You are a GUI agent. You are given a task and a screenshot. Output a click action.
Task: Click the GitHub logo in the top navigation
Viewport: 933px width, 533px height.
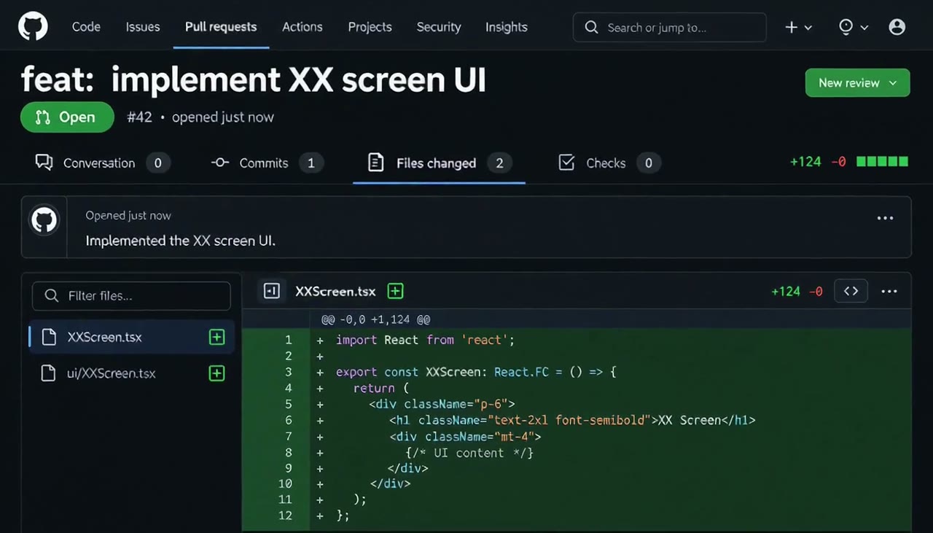click(x=33, y=26)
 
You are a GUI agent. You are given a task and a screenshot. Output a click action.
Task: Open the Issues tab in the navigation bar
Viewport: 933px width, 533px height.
click(x=143, y=27)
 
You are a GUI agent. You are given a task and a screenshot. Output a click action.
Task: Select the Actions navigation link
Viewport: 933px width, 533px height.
click(x=302, y=27)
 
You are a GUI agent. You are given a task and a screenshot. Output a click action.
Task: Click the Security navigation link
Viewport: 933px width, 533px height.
click(x=439, y=27)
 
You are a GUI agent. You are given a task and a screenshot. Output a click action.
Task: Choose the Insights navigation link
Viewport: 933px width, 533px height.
click(x=507, y=27)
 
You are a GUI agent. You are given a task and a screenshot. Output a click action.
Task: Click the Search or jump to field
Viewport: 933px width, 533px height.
click(x=669, y=28)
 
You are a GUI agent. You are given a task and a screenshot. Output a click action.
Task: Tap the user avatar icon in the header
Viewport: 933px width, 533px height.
click(x=897, y=27)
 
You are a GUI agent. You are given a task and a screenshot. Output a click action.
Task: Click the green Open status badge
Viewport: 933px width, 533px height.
click(x=67, y=117)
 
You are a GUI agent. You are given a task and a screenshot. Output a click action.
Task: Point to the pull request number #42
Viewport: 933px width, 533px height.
click(x=139, y=117)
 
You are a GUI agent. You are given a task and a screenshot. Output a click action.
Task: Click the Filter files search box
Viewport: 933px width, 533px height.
click(x=131, y=296)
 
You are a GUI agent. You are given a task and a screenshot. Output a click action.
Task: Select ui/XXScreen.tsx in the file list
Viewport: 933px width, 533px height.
click(x=112, y=373)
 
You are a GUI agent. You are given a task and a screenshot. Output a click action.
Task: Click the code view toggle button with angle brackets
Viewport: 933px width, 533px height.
click(x=851, y=291)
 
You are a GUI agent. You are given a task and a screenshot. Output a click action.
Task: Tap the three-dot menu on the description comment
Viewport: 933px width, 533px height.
click(x=885, y=218)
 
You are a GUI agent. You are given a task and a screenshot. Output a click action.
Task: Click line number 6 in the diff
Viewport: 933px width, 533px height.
click(x=288, y=420)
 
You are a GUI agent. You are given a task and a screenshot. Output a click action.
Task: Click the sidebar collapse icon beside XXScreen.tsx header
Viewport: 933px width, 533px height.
click(x=272, y=291)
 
